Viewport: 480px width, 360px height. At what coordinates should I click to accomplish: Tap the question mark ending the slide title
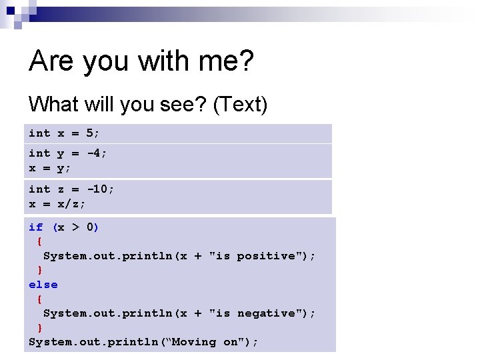coord(245,61)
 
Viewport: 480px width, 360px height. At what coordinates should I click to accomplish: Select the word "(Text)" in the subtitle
coord(240,104)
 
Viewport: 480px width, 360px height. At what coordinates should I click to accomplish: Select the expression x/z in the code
coord(72,204)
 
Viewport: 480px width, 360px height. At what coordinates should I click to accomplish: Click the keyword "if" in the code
coord(35,227)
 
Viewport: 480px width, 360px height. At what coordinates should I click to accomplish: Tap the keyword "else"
coord(43,285)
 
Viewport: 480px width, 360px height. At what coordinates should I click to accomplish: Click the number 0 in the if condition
coord(90,227)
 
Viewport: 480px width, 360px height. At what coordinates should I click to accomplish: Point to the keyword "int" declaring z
coord(39,189)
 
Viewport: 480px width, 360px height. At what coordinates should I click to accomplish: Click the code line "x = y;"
coord(50,169)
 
